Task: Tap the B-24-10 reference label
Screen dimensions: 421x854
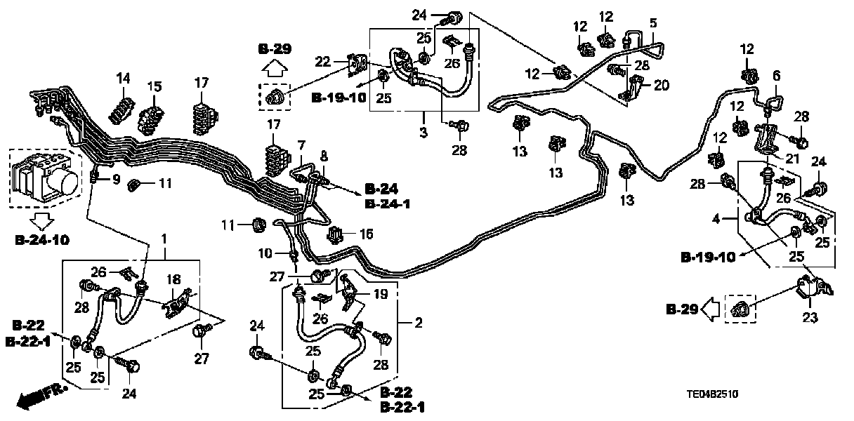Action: tap(42, 239)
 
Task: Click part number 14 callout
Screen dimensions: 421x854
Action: tap(124, 78)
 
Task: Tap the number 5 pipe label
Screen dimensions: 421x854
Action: tap(652, 23)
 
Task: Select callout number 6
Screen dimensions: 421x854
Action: tap(776, 75)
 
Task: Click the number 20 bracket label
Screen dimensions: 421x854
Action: tap(662, 86)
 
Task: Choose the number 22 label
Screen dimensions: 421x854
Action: tap(322, 62)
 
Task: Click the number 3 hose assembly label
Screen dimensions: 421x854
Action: tap(423, 133)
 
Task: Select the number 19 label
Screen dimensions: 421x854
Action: tap(380, 295)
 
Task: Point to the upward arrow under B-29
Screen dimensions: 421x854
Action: tap(275, 69)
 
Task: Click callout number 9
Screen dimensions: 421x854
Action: tap(116, 180)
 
